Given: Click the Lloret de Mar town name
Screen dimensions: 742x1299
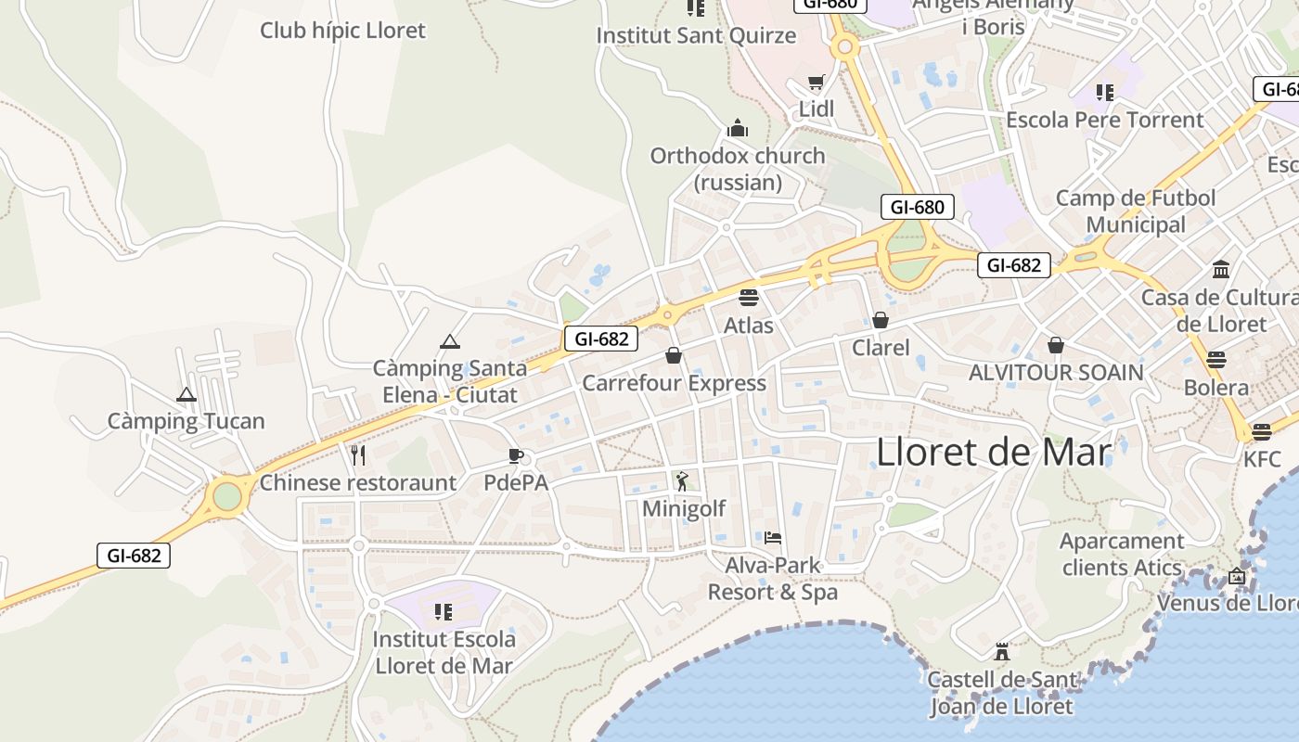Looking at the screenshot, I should pyautogui.click(x=993, y=453).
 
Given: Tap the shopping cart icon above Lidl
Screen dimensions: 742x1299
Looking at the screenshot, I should pyautogui.click(x=816, y=83).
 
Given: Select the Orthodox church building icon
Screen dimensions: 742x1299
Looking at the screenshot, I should pyautogui.click(x=738, y=127).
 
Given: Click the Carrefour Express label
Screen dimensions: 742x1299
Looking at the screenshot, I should pyautogui.click(x=674, y=383).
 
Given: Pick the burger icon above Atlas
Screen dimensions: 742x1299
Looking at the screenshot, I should pyautogui.click(x=749, y=298).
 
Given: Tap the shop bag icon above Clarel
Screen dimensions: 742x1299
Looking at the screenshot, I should pyautogui.click(x=881, y=320).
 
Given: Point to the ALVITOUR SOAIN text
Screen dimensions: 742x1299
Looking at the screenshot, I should pyautogui.click(x=1056, y=373).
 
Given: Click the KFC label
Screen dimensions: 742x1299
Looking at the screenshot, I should pyautogui.click(x=1262, y=459).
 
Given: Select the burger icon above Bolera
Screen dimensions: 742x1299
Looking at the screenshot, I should pyautogui.click(x=1216, y=359).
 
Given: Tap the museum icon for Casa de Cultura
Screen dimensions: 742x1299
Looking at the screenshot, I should pyautogui.click(x=1221, y=270).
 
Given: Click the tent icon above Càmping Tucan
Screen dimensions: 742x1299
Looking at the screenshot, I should pyautogui.click(x=186, y=394).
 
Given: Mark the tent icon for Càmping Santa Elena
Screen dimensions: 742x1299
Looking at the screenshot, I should pyautogui.click(x=450, y=341).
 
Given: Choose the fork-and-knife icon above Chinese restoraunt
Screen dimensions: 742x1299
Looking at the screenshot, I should pyautogui.click(x=358, y=454).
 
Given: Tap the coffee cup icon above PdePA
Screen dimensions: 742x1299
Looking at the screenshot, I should pyautogui.click(x=516, y=455).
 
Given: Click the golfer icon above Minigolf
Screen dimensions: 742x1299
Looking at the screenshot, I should pyautogui.click(x=683, y=480).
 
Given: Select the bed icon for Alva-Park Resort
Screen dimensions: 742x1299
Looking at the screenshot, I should pyautogui.click(x=773, y=537).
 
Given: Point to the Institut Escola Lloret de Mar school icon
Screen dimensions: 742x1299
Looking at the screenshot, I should pyautogui.click(x=444, y=612).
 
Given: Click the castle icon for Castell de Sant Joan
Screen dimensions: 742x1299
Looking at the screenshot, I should pyautogui.click(x=1001, y=651).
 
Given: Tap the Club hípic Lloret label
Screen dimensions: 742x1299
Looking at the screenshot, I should pyautogui.click(x=342, y=31).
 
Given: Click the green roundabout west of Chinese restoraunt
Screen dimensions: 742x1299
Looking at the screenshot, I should pyautogui.click(x=227, y=496).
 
